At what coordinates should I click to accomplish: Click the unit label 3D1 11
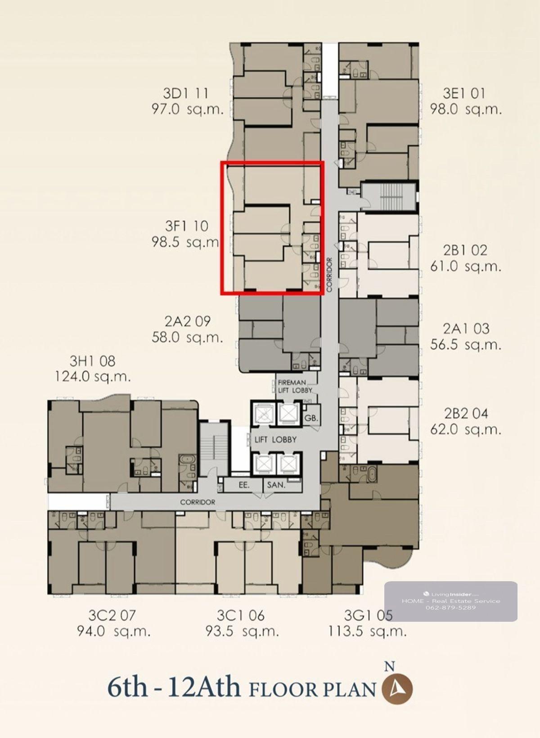pyautogui.click(x=186, y=94)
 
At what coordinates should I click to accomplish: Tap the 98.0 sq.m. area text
pyautogui.click(x=466, y=109)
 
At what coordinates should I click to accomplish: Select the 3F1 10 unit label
pyautogui.click(x=187, y=226)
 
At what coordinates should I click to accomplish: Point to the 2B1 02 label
pyautogui.click(x=465, y=251)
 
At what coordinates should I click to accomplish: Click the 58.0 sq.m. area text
pyautogui.click(x=187, y=337)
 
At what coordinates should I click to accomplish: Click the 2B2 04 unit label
pyautogui.click(x=465, y=414)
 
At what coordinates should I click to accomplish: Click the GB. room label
pyautogui.click(x=311, y=419)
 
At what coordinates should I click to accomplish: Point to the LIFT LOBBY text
pyautogui.click(x=275, y=439)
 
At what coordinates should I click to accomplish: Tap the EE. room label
pyautogui.click(x=244, y=485)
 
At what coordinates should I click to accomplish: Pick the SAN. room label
pyautogui.click(x=276, y=485)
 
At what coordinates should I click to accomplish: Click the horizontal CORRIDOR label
pyautogui.click(x=198, y=502)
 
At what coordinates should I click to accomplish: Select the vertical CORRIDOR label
pyautogui.click(x=330, y=274)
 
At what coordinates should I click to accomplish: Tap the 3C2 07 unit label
pyautogui.click(x=112, y=615)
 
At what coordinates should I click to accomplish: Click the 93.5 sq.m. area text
pyautogui.click(x=242, y=631)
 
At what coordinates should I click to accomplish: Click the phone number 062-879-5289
pyautogui.click(x=451, y=607)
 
